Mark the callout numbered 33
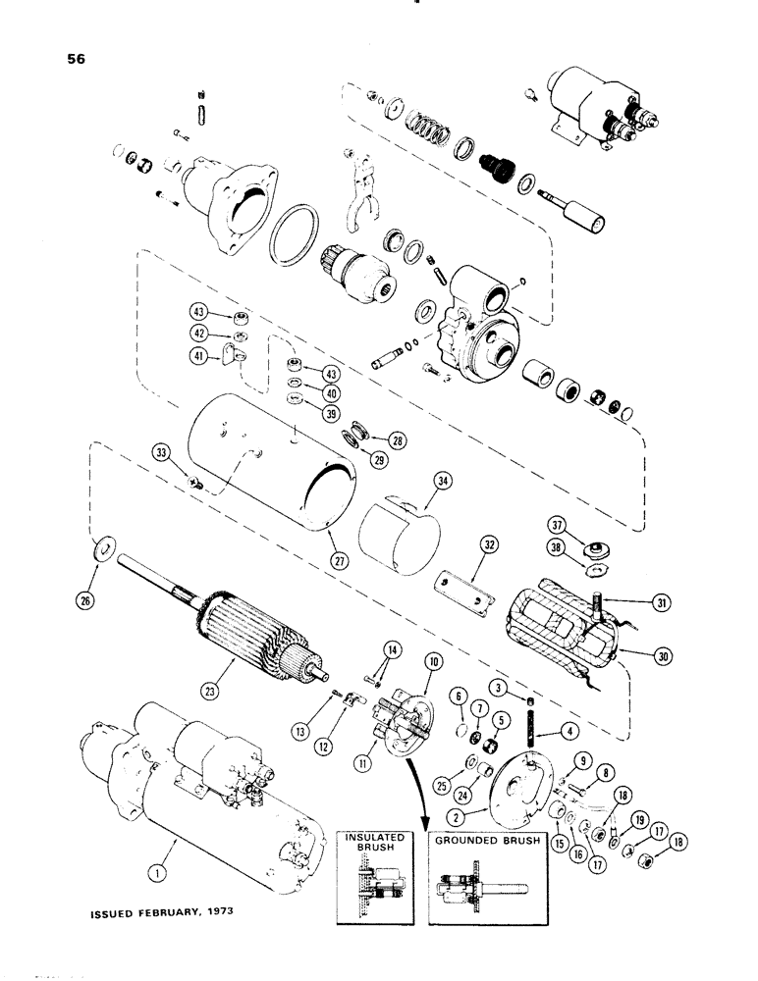[160, 453]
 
